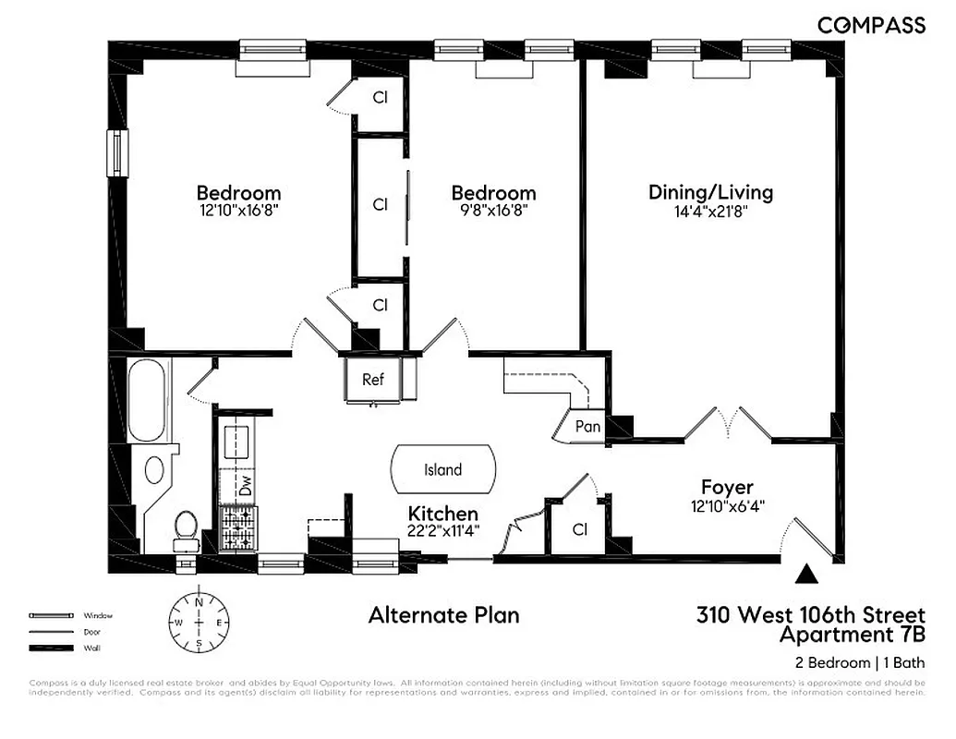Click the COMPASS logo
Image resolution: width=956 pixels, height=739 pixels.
pyautogui.click(x=871, y=26)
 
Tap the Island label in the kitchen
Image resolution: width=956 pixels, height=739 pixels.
pyautogui.click(x=442, y=470)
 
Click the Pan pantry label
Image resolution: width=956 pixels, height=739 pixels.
pyautogui.click(x=587, y=427)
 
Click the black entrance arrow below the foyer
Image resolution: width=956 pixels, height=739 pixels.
pyautogui.click(x=807, y=575)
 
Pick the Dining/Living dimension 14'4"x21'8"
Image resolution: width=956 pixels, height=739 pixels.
pyautogui.click(x=710, y=211)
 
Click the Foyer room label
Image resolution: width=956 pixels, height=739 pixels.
pyautogui.click(x=727, y=487)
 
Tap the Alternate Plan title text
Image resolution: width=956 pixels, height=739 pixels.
pyautogui.click(x=443, y=615)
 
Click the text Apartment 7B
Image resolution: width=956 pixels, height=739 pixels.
pyautogui.click(x=852, y=636)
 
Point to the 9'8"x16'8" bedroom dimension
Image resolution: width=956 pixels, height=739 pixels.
pyautogui.click(x=493, y=211)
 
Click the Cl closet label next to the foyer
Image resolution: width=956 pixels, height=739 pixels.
pyautogui.click(x=579, y=530)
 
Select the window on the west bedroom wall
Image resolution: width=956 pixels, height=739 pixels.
pyautogui.click(x=116, y=152)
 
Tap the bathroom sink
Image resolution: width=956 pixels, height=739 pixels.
pyautogui.click(x=154, y=469)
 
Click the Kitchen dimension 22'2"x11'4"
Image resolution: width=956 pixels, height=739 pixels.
pyautogui.click(x=443, y=531)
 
